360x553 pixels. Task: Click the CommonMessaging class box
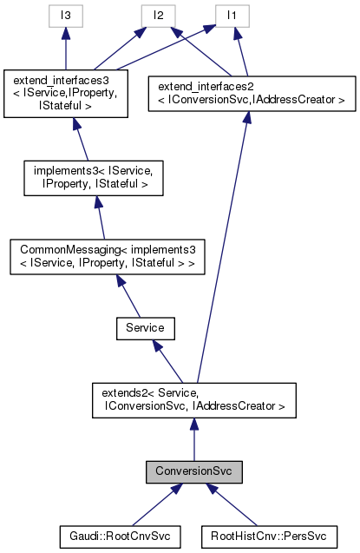pos(106,258)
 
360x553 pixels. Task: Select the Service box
pos(146,329)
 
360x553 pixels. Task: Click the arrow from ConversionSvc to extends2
pos(193,438)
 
